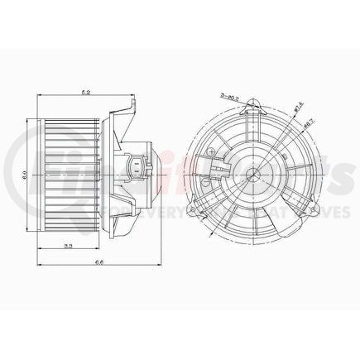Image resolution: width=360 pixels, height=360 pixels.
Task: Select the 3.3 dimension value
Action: tap(71, 246)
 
